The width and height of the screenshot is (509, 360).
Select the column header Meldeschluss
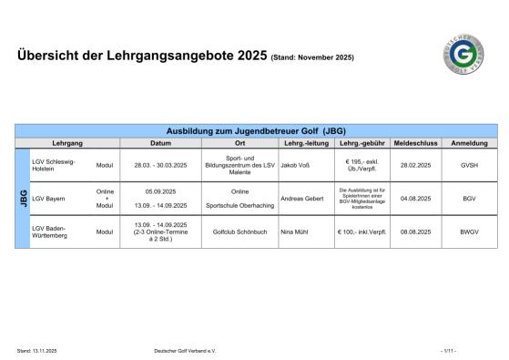click(x=415, y=144)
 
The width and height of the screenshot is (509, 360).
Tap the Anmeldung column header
click(x=469, y=144)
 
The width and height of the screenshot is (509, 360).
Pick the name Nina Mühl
click(x=295, y=232)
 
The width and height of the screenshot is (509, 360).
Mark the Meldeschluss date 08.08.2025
click(x=415, y=232)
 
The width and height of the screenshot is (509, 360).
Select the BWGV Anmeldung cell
click(x=469, y=232)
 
